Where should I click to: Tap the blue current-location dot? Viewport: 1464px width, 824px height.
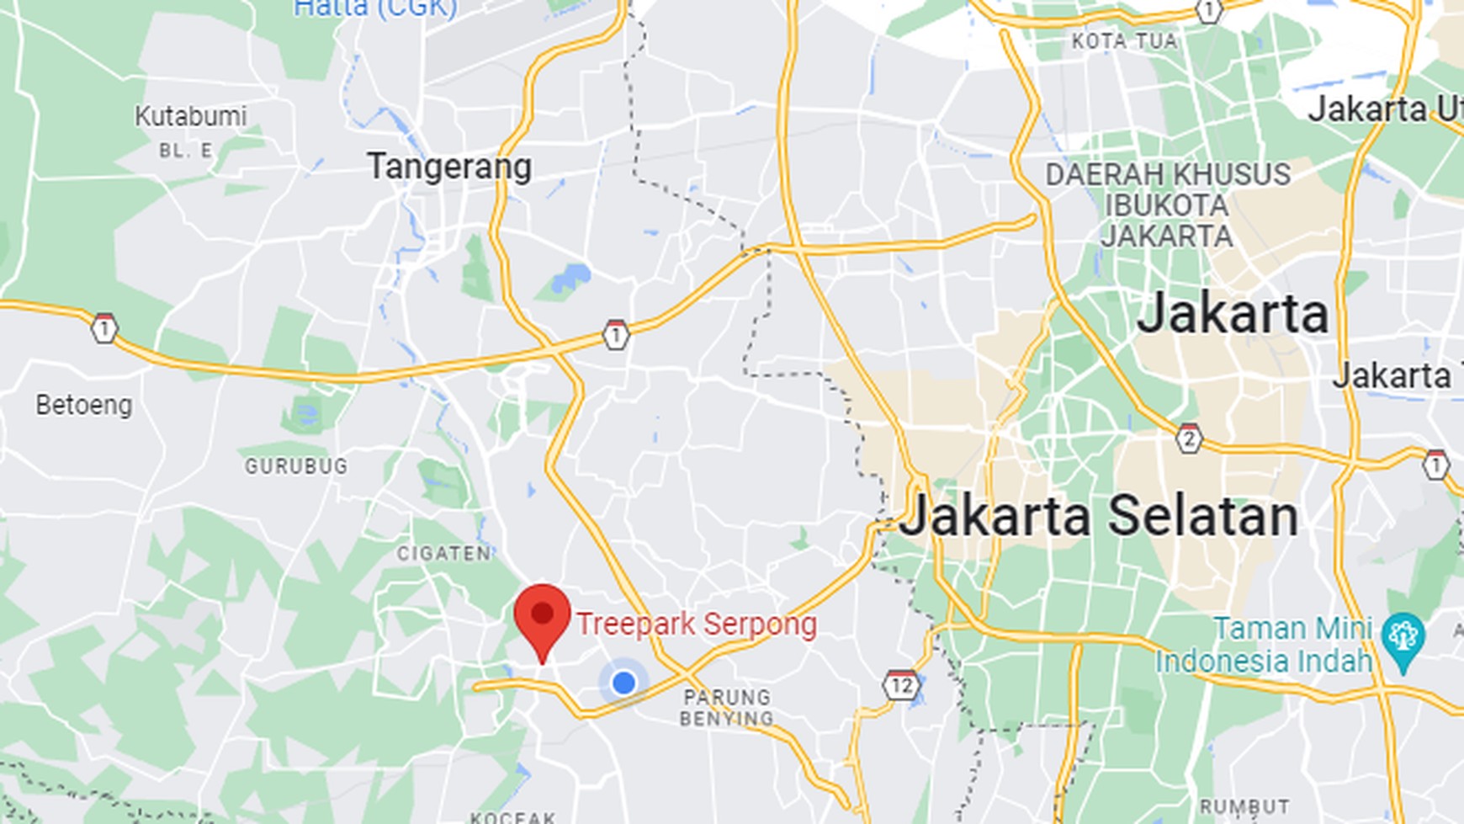click(623, 683)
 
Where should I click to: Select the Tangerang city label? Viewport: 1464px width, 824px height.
click(449, 167)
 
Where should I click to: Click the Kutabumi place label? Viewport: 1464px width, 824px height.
click(191, 116)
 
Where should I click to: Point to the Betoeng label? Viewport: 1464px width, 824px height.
click(84, 405)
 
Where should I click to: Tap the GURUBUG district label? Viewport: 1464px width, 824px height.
click(296, 465)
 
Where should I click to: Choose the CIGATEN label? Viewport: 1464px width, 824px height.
click(444, 553)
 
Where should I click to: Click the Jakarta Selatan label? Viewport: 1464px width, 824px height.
click(1099, 515)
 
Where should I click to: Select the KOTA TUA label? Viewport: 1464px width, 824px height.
click(1124, 41)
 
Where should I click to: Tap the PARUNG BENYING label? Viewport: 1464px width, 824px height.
click(727, 708)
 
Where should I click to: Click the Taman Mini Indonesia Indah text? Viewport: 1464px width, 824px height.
click(1264, 645)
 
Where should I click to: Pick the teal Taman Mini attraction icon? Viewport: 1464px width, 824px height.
click(1403, 637)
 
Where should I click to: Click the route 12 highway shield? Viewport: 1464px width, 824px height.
click(900, 686)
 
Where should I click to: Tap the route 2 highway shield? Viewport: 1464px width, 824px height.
click(1188, 439)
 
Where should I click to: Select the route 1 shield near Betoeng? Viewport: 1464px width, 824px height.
click(104, 328)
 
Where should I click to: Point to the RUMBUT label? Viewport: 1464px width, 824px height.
click(1244, 807)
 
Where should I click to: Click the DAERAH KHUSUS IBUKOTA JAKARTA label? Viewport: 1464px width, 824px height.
click(1167, 205)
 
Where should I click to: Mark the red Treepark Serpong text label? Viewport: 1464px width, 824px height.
click(696, 625)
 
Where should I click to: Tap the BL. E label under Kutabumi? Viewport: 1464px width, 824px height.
click(186, 152)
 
